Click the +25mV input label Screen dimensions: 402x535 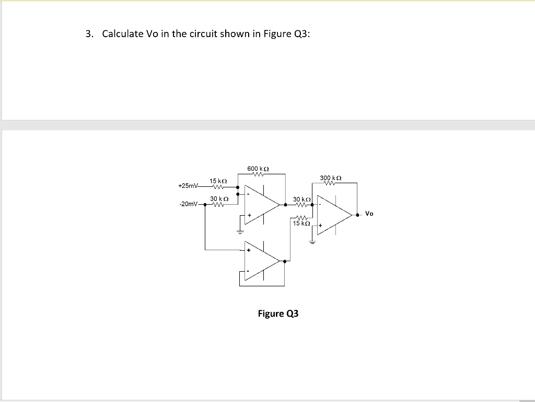click(x=188, y=186)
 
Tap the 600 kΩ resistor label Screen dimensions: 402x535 click(x=258, y=169)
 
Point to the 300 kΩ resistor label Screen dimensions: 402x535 click(x=331, y=178)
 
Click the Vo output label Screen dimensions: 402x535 click(x=369, y=214)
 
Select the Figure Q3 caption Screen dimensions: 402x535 click(x=278, y=314)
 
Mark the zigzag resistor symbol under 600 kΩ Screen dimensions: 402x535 click(x=258, y=175)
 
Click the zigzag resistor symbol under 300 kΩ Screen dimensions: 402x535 click(x=330, y=184)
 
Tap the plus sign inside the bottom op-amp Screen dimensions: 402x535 click(x=249, y=251)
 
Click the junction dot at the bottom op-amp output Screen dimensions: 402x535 click(x=284, y=261)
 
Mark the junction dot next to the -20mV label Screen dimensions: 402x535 click(x=204, y=205)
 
